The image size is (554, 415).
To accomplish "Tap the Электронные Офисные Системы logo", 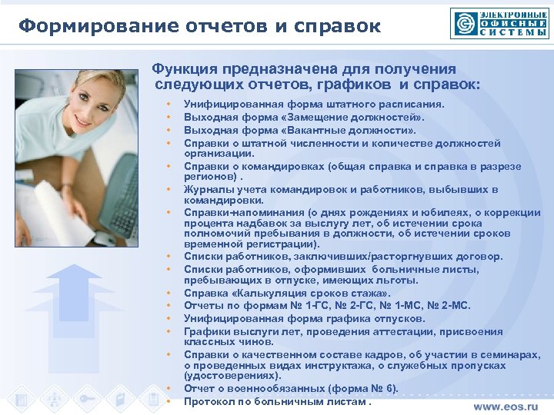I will [500, 23].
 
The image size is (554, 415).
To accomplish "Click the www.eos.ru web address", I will [511, 406].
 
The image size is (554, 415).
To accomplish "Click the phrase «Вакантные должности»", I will [356, 130].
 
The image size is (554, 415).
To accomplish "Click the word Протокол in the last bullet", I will [210, 401].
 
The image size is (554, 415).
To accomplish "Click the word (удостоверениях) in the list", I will [231, 376].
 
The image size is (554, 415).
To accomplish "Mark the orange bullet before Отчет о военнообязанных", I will [166, 389].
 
